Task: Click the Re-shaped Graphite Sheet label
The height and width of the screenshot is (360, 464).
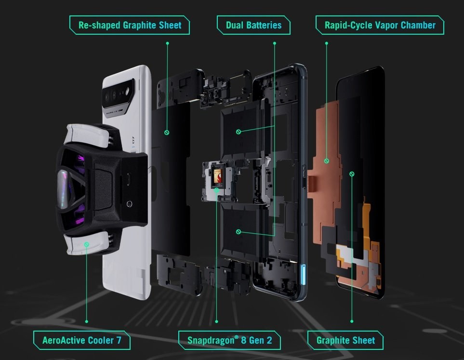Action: pyautogui.click(x=130, y=25)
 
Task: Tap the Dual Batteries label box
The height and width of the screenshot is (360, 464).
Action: pyautogui.click(x=253, y=25)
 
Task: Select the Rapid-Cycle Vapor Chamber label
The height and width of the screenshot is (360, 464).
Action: pyautogui.click(x=380, y=25)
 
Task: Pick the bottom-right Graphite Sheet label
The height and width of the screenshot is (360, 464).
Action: pyautogui.click(x=345, y=340)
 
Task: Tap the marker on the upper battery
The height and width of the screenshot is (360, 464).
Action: pyautogui.click(x=239, y=132)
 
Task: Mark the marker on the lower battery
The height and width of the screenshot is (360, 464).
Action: pyautogui.click(x=239, y=232)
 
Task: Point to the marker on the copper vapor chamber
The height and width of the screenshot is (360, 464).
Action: pyautogui.click(x=326, y=160)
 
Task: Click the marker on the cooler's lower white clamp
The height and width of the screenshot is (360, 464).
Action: pyautogui.click(x=87, y=244)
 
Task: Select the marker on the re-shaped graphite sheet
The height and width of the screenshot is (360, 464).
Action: pyautogui.click(x=167, y=132)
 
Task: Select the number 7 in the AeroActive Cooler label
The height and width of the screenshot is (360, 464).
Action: pyautogui.click(x=125, y=340)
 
